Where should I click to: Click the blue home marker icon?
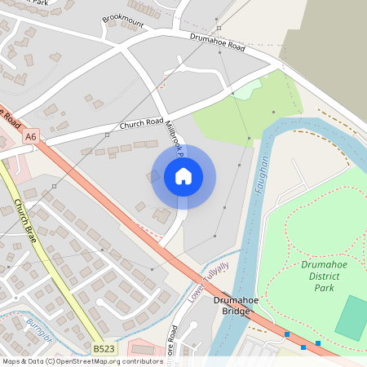pos(183,176)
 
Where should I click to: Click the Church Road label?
pos(142,124)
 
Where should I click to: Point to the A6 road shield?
pos(31,137)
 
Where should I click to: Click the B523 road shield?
pos(104,348)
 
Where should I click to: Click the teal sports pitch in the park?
pos(352,318)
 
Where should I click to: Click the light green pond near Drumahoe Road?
pos(248,89)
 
